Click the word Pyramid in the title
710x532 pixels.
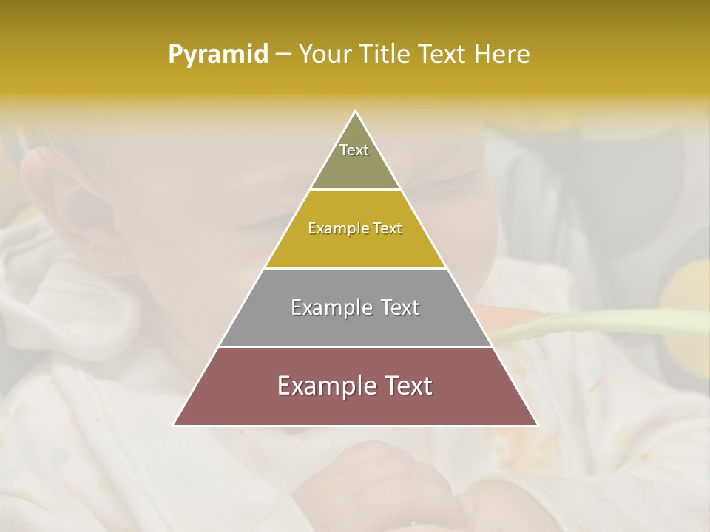point(218,55)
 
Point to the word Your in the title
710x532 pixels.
point(326,55)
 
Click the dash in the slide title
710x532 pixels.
point(283,55)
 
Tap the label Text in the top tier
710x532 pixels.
point(354,150)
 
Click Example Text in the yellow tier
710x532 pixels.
point(355,228)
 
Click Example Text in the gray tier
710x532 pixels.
point(355,307)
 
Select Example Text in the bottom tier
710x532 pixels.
point(355,386)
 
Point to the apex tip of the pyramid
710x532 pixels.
point(356,112)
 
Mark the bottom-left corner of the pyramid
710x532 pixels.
point(175,425)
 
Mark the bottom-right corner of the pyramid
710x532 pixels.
point(537,425)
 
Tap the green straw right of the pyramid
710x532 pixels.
point(606,323)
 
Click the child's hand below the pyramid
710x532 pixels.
point(385,480)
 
